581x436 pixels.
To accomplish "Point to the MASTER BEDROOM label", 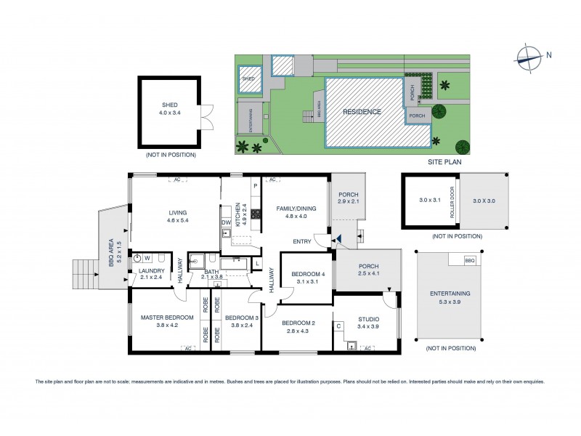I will point(167,318).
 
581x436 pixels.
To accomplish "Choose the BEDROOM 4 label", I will point(306,274).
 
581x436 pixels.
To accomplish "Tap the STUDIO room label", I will point(368,318).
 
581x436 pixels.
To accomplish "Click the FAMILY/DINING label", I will point(296,209).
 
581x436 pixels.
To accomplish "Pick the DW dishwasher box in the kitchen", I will point(226,222).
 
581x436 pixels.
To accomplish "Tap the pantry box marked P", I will point(256,186).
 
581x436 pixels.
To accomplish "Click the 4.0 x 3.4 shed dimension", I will point(169,113).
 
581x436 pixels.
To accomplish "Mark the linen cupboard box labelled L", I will point(257,262).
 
